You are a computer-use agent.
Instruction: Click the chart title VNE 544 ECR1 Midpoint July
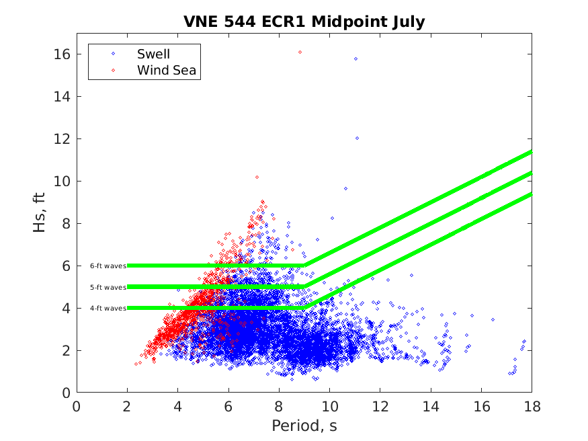click(304, 22)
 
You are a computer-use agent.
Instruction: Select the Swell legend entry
click(153, 54)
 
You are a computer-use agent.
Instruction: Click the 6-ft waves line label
click(108, 266)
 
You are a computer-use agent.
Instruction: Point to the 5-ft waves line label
click(108, 287)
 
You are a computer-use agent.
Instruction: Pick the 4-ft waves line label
click(108, 308)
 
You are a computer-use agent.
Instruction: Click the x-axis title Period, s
click(304, 426)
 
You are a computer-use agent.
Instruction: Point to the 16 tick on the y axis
click(62, 54)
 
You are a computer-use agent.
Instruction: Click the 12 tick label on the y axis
click(62, 139)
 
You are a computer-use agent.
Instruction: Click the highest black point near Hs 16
click(300, 52)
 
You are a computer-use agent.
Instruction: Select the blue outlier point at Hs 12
click(357, 138)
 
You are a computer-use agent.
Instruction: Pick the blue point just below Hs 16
click(355, 58)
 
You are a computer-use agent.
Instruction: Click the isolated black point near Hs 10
click(257, 177)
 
